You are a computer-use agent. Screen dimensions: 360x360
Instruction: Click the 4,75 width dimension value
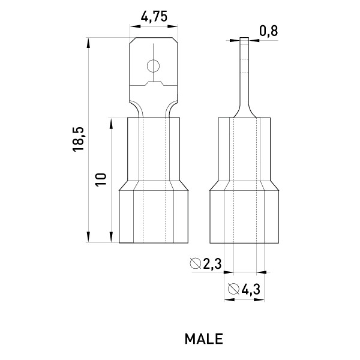pyautogui.click(x=154, y=17)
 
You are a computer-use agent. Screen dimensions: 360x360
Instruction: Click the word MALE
pyautogui.click(x=203, y=339)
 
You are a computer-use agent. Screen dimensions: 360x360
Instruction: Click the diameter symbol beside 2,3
pyautogui.click(x=195, y=263)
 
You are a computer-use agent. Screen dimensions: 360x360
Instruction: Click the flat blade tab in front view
pyautogui.click(x=154, y=66)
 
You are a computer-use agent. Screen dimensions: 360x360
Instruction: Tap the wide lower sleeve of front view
pyautogui.click(x=154, y=216)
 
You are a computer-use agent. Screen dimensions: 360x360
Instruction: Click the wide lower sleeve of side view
pyautogui.click(x=244, y=216)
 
